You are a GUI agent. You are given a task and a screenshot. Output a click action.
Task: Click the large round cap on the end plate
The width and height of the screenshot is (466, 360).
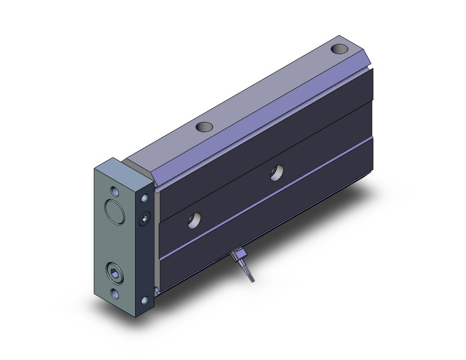coord(113,210)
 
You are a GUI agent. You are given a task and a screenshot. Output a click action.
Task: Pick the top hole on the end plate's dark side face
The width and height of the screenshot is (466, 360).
coord(144,198)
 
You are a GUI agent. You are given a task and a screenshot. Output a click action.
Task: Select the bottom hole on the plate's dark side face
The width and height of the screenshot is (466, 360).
coord(145,301)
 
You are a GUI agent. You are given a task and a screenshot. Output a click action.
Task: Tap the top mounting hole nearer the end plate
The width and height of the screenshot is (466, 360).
coord(204,128)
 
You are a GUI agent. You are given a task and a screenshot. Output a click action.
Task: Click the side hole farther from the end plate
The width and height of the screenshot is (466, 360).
coord(278,172)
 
